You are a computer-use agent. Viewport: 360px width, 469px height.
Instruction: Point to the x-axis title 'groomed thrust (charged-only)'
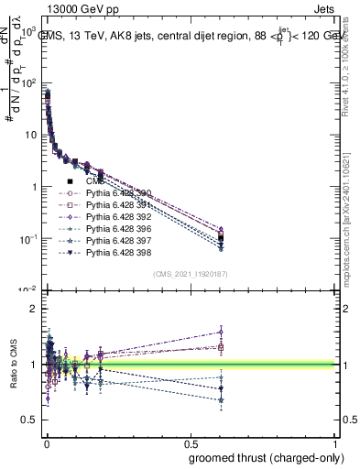(265, 457)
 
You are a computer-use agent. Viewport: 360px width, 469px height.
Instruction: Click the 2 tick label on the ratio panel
(30, 310)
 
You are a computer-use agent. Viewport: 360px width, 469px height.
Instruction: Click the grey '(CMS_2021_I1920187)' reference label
(190, 274)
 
